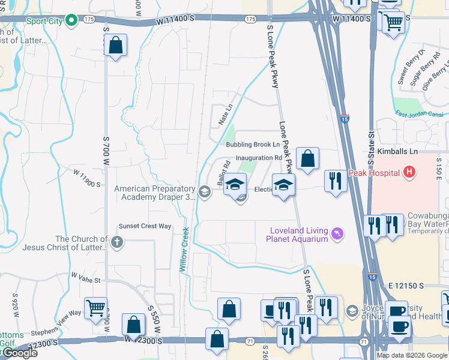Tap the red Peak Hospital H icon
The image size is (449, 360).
pos(409,173)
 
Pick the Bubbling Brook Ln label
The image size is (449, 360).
pos(253,145)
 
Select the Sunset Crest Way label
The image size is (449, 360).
pos(145,226)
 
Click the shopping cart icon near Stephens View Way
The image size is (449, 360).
pos(95,308)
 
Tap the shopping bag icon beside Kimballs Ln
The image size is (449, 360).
pos(307,159)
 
